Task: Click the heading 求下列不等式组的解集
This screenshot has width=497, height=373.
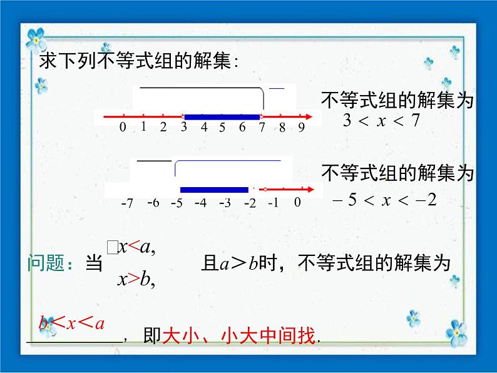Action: [x=139, y=61]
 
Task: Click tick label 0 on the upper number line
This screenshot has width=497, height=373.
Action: [x=123, y=128]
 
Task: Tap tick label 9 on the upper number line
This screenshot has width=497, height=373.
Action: [x=301, y=128]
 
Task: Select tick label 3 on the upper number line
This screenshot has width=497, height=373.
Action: [x=183, y=128]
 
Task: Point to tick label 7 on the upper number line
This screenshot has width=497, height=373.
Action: [x=262, y=128]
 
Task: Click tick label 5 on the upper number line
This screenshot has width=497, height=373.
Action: [x=222, y=128]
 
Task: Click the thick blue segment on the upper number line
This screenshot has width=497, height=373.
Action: [x=222, y=116]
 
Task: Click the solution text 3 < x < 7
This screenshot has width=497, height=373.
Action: [x=381, y=121]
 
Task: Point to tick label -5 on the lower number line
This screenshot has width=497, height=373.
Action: [x=176, y=203]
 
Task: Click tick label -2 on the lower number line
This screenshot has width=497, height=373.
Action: [x=250, y=203]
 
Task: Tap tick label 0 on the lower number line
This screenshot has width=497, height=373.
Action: [x=297, y=202]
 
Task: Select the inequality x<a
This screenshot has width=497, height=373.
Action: [x=136, y=248]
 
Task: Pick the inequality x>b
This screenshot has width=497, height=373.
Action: [x=136, y=280]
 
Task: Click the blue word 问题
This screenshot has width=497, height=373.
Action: [x=47, y=264]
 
